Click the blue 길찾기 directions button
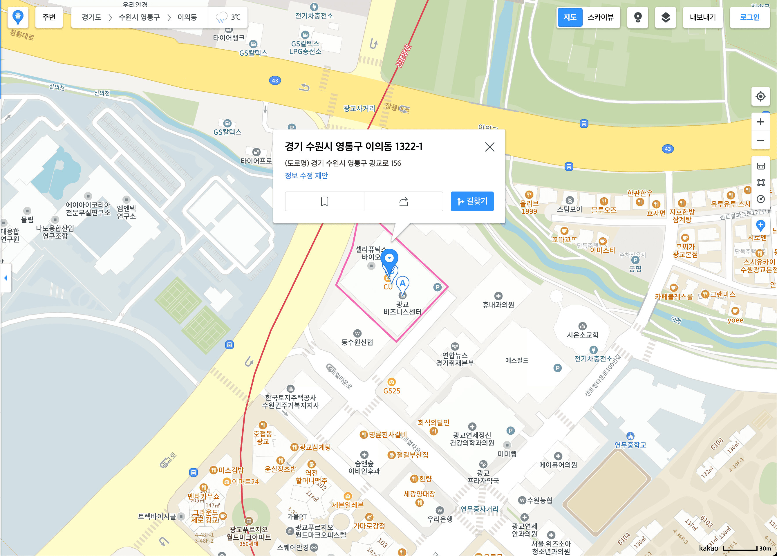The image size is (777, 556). coord(472,201)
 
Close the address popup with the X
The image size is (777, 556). coord(489,147)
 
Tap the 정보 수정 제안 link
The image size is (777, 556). coord(306,176)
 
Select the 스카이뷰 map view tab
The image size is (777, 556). coord(600,17)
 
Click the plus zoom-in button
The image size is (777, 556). coord(760,122)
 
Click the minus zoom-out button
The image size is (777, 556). coord(760,141)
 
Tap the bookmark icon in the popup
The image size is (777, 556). coord(324,201)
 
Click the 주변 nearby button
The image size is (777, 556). coord(49,17)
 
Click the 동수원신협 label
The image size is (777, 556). coord(357,342)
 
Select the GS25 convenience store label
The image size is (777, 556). coord(392,391)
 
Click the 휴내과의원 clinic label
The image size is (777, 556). coord(498,305)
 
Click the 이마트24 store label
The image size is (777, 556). coord(245,482)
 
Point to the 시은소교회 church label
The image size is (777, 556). coord(582,335)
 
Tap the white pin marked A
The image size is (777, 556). coord(402,284)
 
